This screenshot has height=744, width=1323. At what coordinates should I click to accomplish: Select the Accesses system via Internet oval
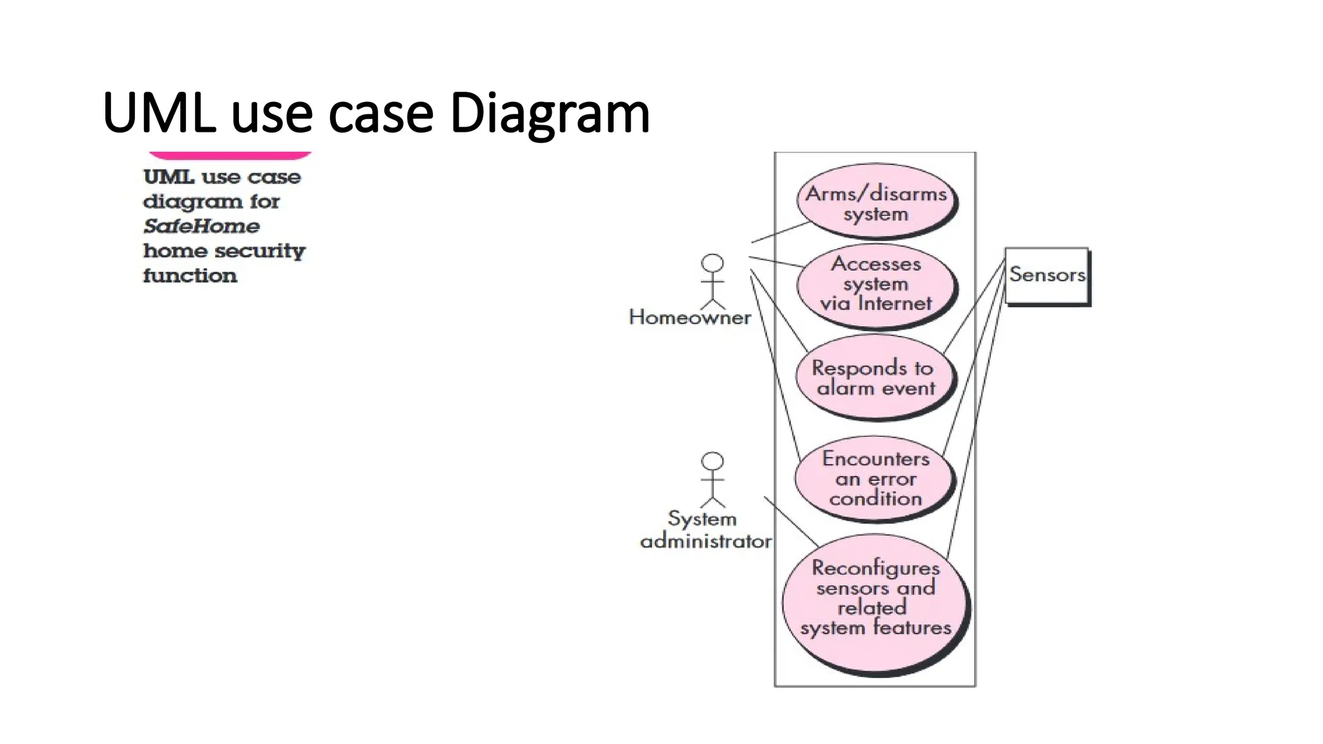876,284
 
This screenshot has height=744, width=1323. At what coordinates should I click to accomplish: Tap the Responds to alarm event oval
875,378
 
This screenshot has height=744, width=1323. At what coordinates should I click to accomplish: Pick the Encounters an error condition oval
875,479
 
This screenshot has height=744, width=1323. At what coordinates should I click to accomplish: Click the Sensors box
1046,275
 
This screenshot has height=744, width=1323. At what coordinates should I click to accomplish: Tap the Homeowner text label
689,318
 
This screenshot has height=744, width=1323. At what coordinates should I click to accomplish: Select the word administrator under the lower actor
705,541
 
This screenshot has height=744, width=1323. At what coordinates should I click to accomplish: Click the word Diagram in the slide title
549,113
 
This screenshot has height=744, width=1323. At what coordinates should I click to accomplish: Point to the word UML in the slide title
159,113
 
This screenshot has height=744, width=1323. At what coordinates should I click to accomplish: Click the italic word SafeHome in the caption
201,226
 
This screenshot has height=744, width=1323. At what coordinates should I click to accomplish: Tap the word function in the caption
190,276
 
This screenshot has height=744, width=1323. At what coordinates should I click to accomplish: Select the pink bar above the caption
230,155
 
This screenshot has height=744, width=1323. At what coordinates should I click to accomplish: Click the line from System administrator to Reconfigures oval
791,521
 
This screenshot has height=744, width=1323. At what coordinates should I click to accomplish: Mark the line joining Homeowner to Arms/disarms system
780,232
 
